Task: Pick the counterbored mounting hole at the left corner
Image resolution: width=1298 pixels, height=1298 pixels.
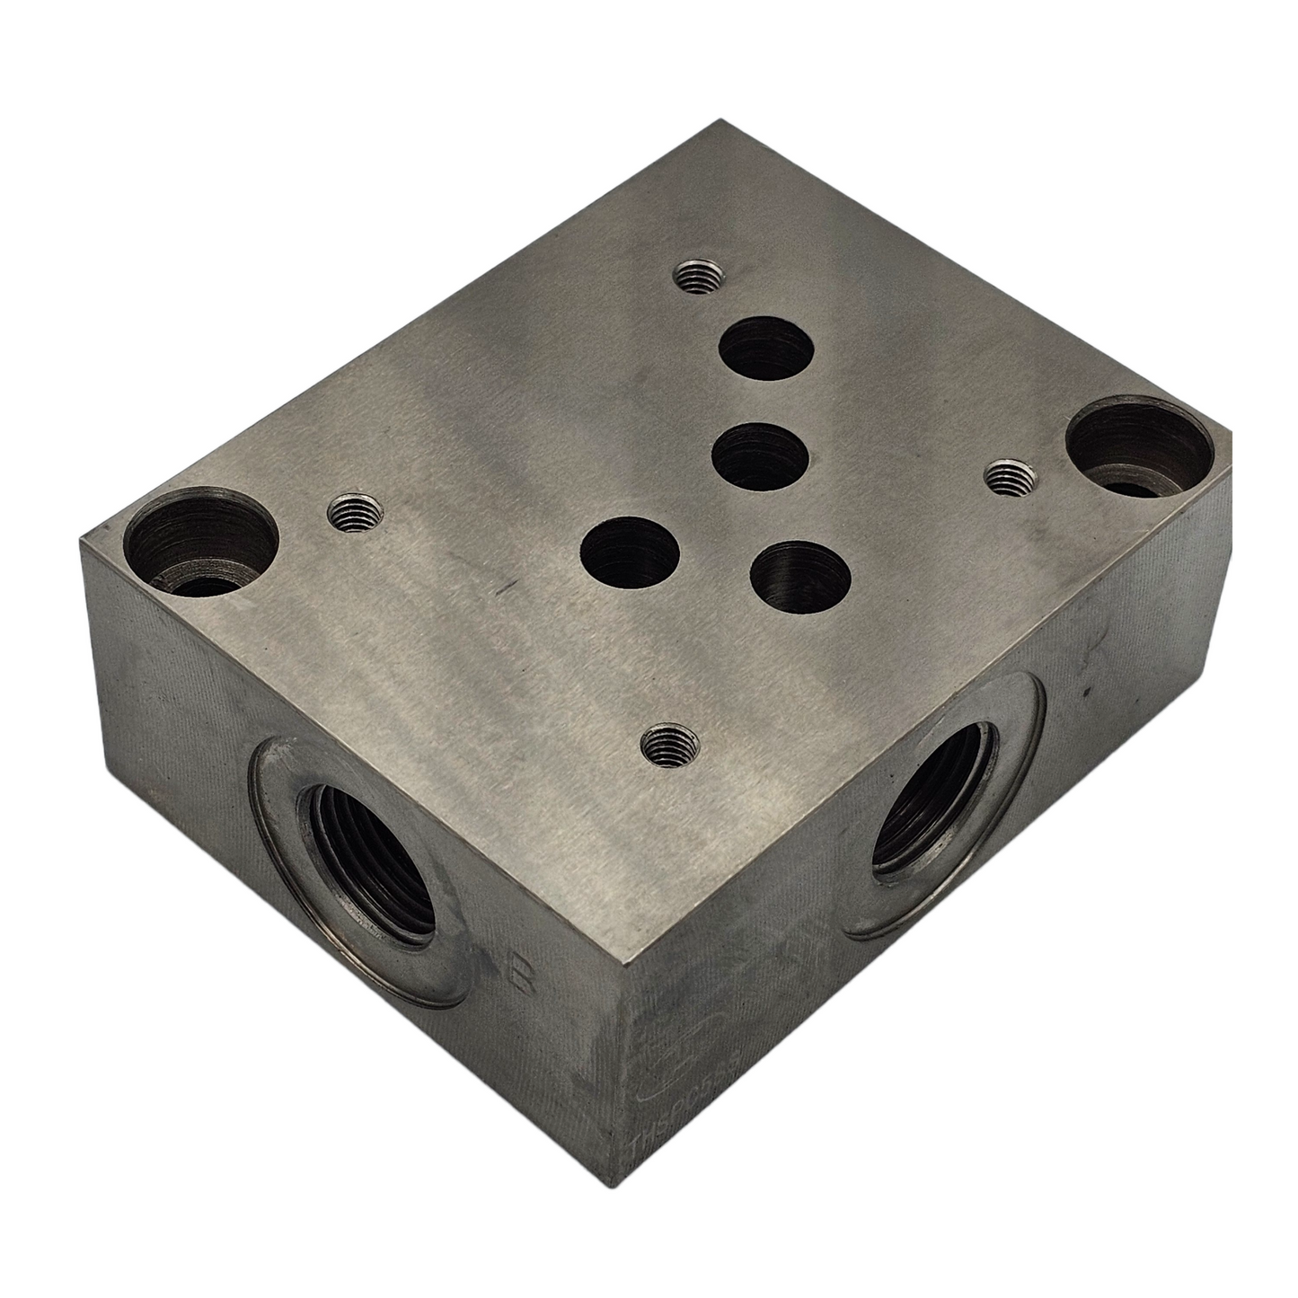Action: (x=200, y=547)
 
